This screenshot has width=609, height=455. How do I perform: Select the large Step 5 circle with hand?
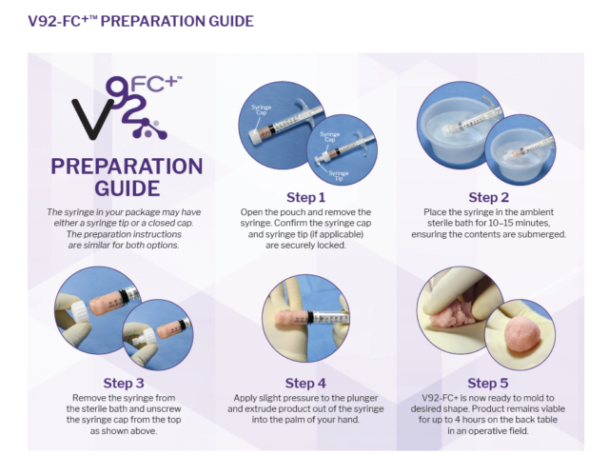pos(466,305)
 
